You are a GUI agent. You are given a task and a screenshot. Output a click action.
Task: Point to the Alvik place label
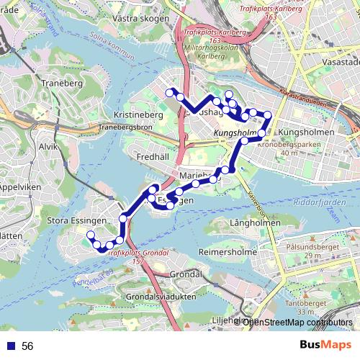click(48, 146)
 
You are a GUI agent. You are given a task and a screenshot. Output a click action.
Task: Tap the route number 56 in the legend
click(27, 346)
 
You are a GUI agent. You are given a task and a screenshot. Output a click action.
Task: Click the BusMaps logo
click(325, 346)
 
